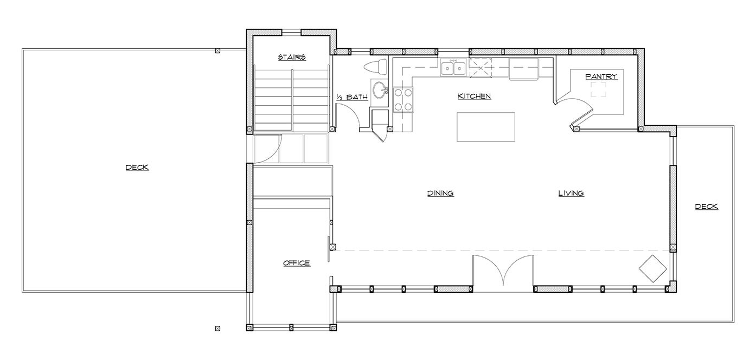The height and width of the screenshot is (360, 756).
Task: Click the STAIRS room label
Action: pyautogui.click(x=292, y=57)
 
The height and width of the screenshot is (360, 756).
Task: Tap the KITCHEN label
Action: pyautogui.click(x=474, y=96)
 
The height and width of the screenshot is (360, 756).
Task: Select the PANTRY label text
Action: pyautogui.click(x=601, y=76)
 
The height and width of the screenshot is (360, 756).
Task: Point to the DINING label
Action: pyautogui.click(x=440, y=194)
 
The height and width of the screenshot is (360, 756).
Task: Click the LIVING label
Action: pyautogui.click(x=571, y=194)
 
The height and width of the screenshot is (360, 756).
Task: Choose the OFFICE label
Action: pyautogui.click(x=296, y=263)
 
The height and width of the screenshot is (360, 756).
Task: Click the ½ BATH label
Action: pyautogui.click(x=352, y=97)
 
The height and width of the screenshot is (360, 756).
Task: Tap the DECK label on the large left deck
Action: pyautogui.click(x=137, y=168)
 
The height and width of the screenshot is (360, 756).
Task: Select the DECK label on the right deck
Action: pyautogui.click(x=707, y=207)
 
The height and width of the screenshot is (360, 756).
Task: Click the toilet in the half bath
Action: pyautogui.click(x=376, y=67)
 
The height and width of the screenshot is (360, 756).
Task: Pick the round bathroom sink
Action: pyautogui.click(x=380, y=90)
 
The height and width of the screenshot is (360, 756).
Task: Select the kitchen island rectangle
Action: pyautogui.click(x=486, y=127)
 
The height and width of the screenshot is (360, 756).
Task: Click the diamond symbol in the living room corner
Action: pyautogui.click(x=653, y=268)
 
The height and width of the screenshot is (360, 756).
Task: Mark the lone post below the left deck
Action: pyautogui.click(x=217, y=329)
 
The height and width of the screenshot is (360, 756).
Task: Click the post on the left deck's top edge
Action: pyautogui.click(x=217, y=51)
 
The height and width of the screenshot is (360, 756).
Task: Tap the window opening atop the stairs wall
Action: pyautogui.click(x=291, y=33)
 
